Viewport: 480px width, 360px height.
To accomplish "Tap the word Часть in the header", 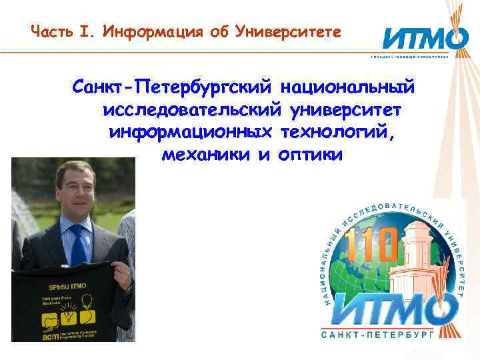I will click(x=51, y=31).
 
